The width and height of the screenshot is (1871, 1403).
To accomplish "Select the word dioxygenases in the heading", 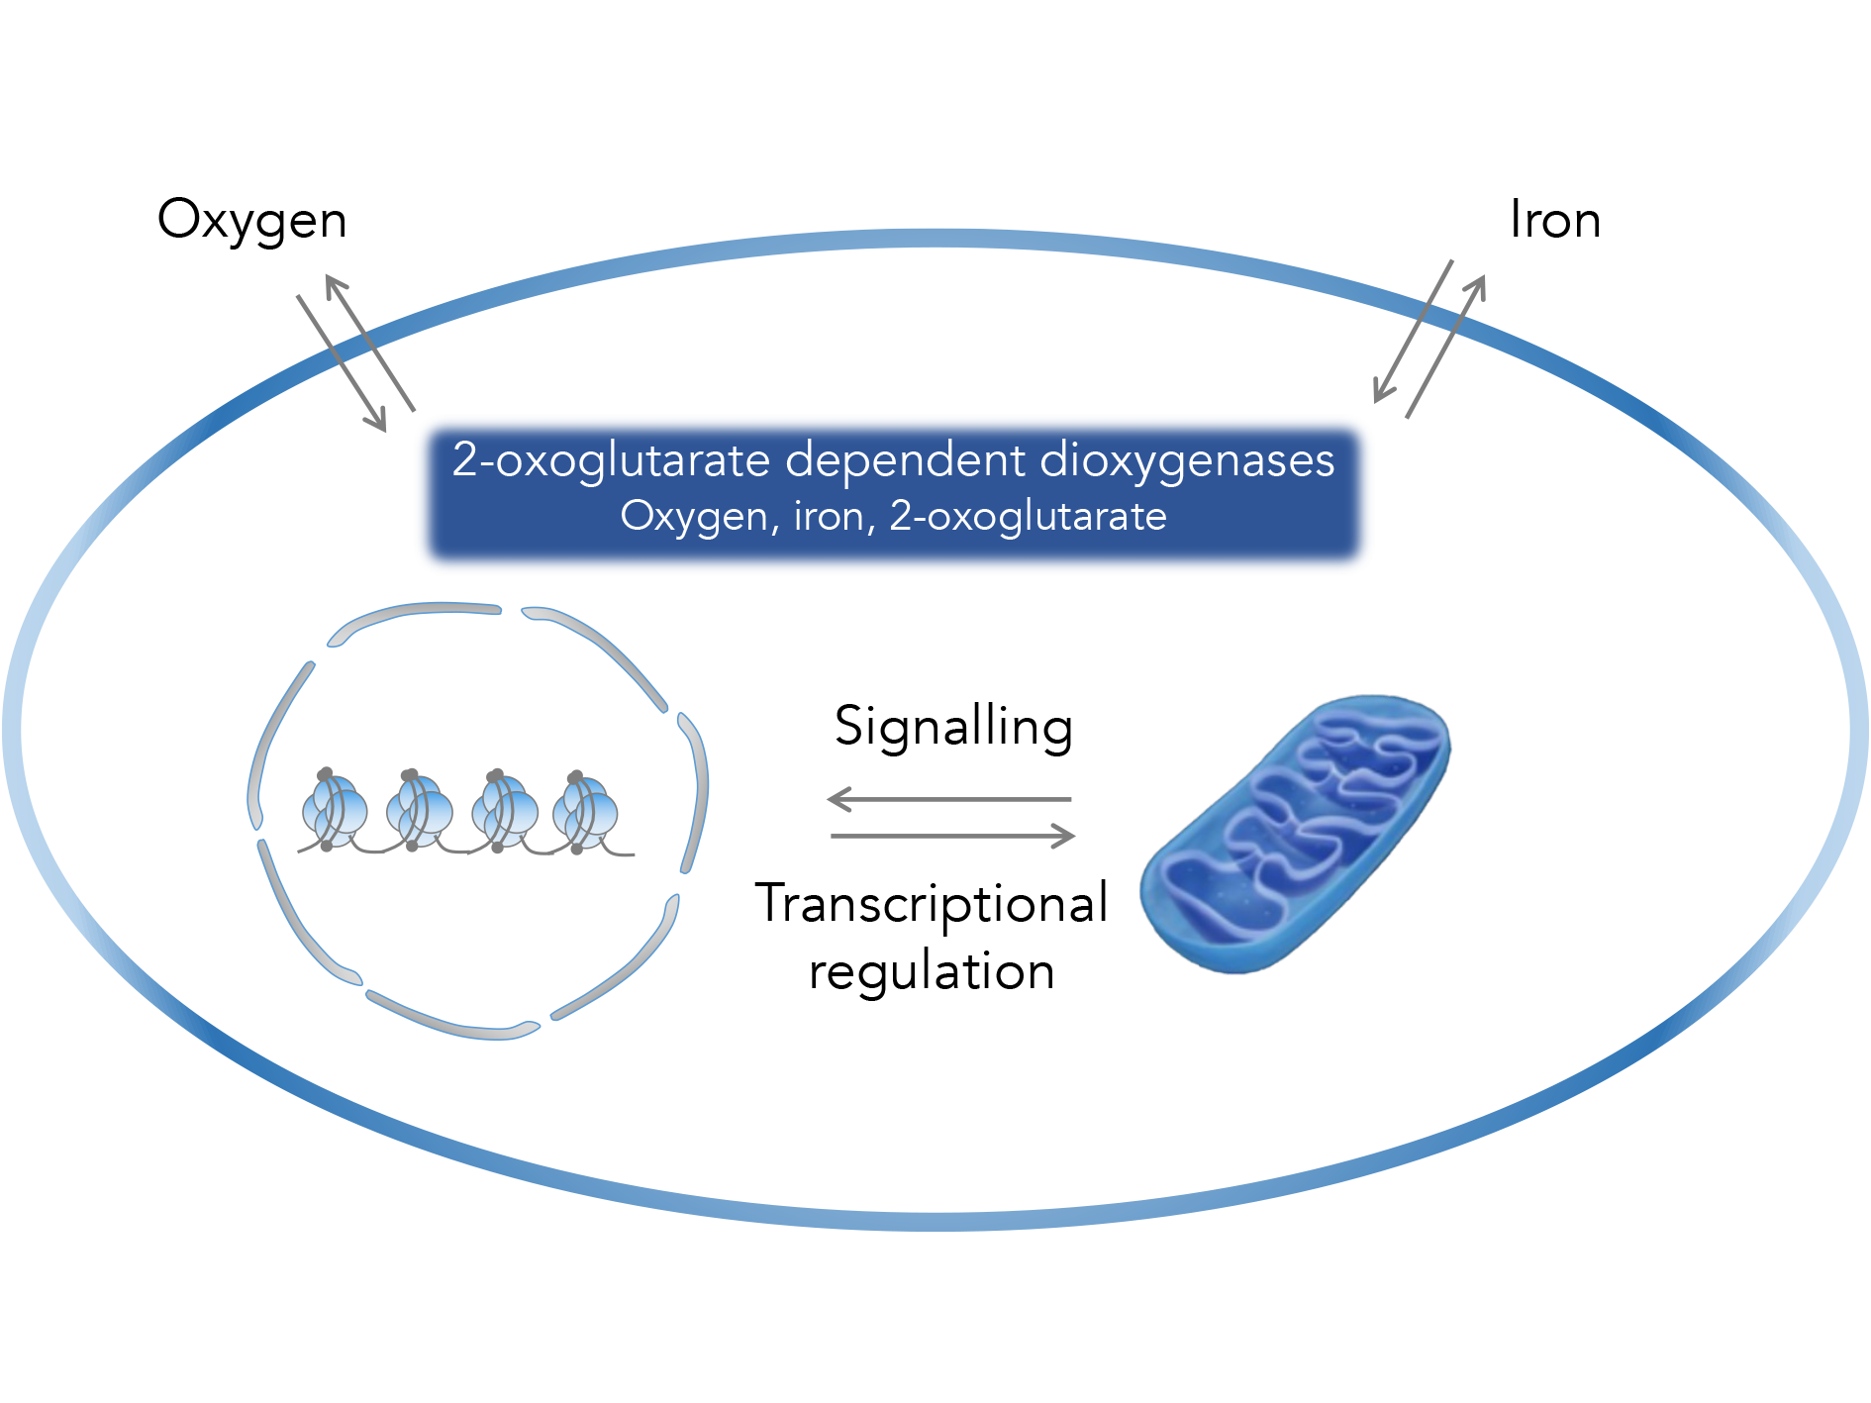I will tap(1187, 460).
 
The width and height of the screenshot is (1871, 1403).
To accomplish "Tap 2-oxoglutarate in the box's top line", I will tap(611, 460).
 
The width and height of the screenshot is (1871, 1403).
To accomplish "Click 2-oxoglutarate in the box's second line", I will tap(1028, 517).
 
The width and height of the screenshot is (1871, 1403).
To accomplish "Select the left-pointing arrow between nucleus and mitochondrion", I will tap(948, 799).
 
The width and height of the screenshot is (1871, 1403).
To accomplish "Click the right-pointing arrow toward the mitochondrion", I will tap(953, 837).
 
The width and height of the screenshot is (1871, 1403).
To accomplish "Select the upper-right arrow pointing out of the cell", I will tap(1446, 346).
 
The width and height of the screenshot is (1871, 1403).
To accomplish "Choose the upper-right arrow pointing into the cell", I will tap(1414, 331).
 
